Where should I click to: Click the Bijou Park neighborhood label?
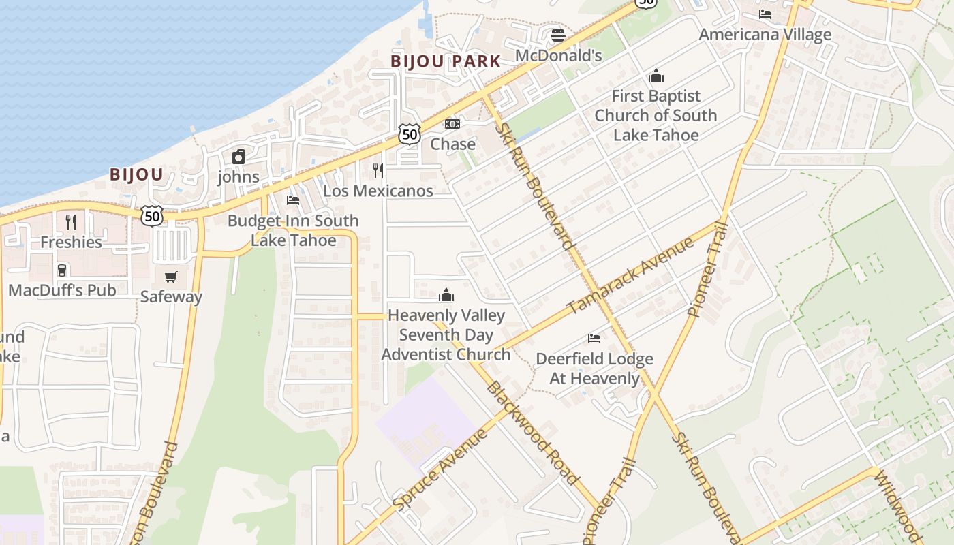tap(446, 61)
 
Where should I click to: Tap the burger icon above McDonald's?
tap(558, 35)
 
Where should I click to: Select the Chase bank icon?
tap(452, 124)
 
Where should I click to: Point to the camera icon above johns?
tap(238, 157)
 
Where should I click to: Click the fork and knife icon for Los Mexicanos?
tap(378, 171)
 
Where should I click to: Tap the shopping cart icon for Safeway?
tap(171, 277)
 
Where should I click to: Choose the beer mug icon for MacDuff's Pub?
tap(62, 270)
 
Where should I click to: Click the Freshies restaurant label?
tap(71, 242)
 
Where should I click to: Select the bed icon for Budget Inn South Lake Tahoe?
tap(293, 200)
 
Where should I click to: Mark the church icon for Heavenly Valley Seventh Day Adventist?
tap(446, 295)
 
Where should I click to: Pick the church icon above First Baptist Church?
tap(656, 76)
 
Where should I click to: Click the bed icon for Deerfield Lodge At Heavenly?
tap(594, 339)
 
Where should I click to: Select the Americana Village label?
tap(765, 34)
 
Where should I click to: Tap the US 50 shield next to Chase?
tap(409, 134)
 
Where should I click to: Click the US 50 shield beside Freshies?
tap(152, 216)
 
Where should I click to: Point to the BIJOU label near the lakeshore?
tap(136, 174)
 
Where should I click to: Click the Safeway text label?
tap(171, 296)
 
